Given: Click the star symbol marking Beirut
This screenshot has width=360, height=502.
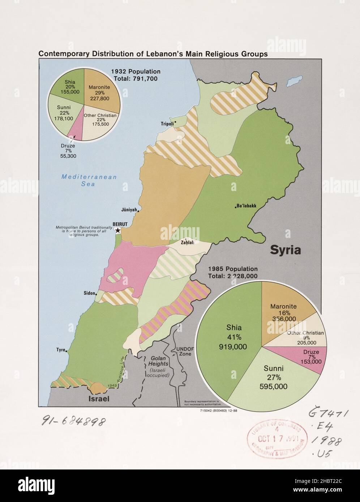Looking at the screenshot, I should (118, 230).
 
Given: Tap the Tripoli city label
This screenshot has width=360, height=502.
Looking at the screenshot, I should (167, 124).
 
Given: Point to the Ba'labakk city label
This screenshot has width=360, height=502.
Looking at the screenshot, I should (247, 206).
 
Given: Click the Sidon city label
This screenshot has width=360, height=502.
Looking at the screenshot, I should (89, 293).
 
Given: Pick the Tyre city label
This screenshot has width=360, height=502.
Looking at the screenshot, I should (60, 350).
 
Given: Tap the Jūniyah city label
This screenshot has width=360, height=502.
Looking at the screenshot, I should (129, 209).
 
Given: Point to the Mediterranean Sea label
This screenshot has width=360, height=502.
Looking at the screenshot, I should (89, 180).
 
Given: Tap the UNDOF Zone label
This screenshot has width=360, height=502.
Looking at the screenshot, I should (185, 351).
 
